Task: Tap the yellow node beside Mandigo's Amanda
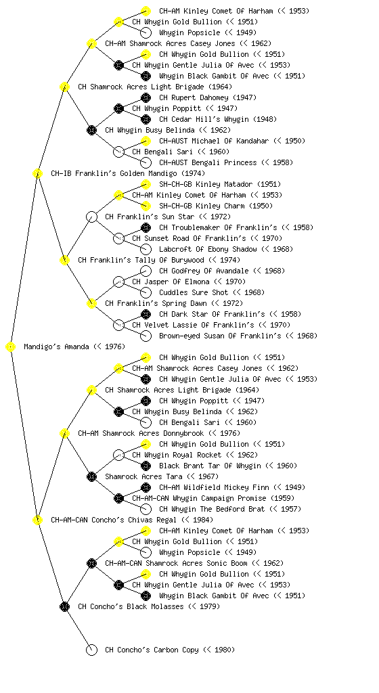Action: [x=11, y=347]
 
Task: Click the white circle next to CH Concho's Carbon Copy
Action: [x=91, y=650]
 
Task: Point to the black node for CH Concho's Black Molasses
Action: [x=64, y=606]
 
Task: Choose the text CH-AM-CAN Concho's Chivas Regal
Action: [x=114, y=520]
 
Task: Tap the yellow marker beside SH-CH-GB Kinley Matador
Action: [x=146, y=184]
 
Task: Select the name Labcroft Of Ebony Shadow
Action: [x=208, y=249]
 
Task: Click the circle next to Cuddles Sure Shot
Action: [x=146, y=292]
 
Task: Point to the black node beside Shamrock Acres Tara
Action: [x=91, y=476]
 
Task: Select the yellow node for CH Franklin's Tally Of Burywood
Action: [x=64, y=260]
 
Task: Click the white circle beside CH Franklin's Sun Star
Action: [x=91, y=217]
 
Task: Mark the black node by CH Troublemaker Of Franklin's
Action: [x=146, y=227]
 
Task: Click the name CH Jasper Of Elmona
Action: [x=171, y=282]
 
